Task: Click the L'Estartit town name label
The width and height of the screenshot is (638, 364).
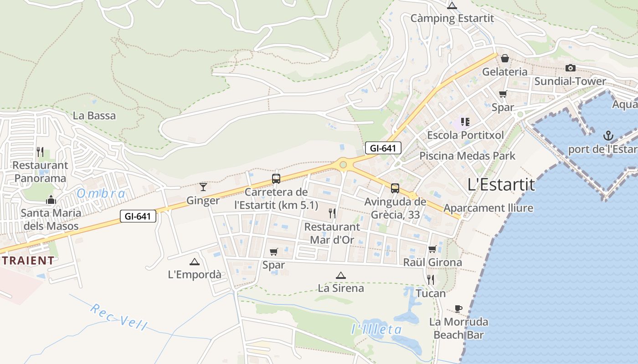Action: pyautogui.click(x=501, y=184)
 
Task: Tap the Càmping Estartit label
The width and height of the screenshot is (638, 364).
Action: pyautogui.click(x=452, y=18)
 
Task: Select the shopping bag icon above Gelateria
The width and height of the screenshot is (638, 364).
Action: pyautogui.click(x=505, y=58)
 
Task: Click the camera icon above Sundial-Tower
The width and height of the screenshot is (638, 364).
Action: pyautogui.click(x=570, y=68)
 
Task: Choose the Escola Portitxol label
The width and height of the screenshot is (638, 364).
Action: pyautogui.click(x=465, y=135)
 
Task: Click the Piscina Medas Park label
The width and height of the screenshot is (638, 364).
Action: pyautogui.click(x=467, y=156)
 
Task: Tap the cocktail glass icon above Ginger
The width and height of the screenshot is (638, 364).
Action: pyautogui.click(x=203, y=187)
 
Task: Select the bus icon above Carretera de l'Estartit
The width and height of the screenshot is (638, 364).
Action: pyautogui.click(x=276, y=178)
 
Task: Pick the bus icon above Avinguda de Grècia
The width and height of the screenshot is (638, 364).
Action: pyautogui.click(x=395, y=188)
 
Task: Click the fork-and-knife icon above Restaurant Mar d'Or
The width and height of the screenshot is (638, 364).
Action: pyautogui.click(x=332, y=213)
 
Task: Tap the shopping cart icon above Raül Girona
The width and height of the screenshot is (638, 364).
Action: pyautogui.click(x=432, y=249)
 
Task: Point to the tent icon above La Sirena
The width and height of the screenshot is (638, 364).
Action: pyautogui.click(x=340, y=275)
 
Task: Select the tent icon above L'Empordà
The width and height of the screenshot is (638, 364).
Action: pyautogui.click(x=195, y=262)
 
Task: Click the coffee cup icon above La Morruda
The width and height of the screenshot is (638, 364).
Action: pyautogui.click(x=458, y=308)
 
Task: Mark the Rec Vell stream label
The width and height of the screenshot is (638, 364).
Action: pyautogui.click(x=118, y=317)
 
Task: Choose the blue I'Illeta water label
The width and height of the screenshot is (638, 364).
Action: pyautogui.click(x=376, y=329)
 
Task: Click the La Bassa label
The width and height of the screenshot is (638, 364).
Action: pyautogui.click(x=94, y=116)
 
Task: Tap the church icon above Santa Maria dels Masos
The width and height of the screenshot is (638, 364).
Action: pyautogui.click(x=51, y=200)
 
